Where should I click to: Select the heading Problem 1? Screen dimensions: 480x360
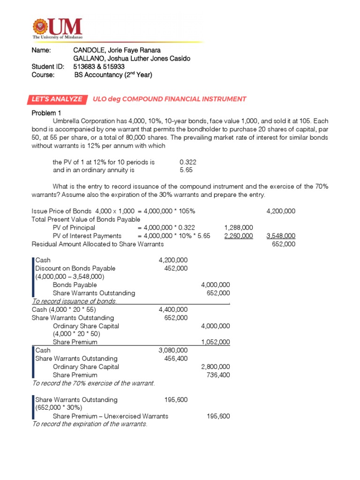pos(46,113)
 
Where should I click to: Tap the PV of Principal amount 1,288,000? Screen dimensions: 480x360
pos(239,227)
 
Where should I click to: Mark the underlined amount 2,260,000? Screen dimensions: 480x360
pos(239,236)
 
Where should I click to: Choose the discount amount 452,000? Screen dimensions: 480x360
pos(176,268)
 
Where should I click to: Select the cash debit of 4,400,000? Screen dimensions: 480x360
pos(173,309)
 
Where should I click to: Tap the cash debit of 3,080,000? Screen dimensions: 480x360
pos(173,350)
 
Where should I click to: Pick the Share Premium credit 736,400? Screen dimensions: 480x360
pos(218,375)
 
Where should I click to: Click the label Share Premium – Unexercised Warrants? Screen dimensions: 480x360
pos(111,416)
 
